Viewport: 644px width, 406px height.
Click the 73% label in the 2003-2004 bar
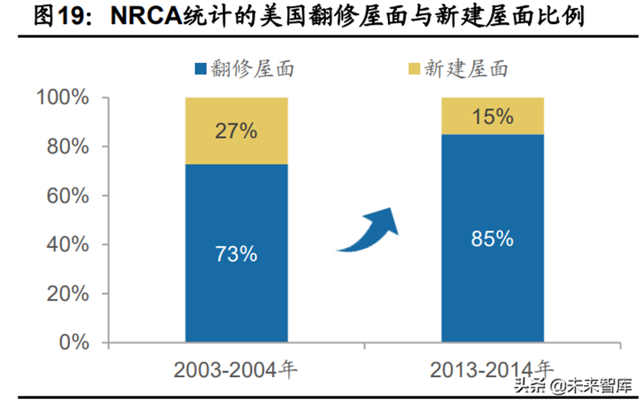click(x=237, y=254)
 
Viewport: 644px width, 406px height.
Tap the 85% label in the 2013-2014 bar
click(x=492, y=238)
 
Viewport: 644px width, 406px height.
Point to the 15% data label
click(x=492, y=117)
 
